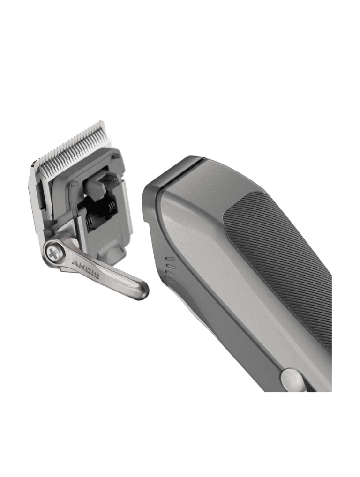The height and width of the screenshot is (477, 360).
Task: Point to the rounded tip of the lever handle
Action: (x=141, y=290)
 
